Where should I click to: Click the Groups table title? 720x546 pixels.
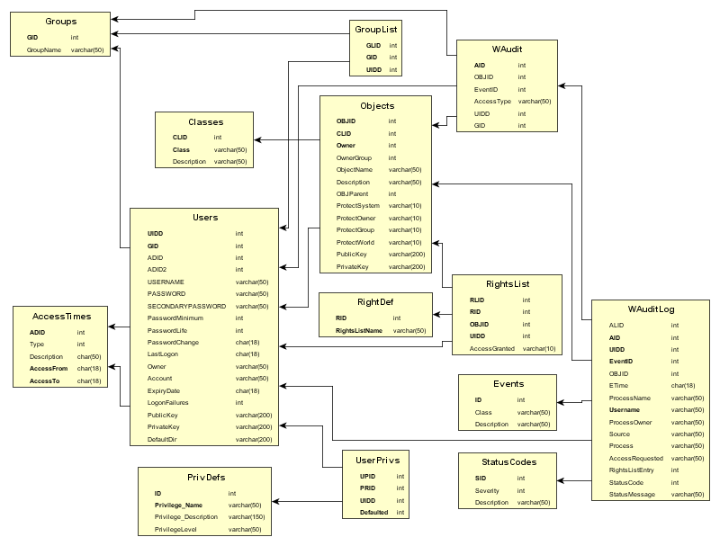click(60, 21)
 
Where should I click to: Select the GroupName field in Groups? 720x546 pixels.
click(44, 50)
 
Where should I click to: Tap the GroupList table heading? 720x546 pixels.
click(376, 28)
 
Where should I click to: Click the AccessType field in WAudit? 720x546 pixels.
click(492, 102)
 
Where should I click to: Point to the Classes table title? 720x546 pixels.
click(206, 121)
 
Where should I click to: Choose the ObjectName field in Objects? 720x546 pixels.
click(355, 169)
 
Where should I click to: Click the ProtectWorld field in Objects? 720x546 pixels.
click(355, 242)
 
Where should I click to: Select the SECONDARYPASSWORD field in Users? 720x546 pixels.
click(187, 306)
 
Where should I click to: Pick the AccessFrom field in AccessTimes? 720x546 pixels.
click(49, 368)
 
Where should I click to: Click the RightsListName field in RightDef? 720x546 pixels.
click(359, 331)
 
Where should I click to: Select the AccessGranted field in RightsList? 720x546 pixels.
click(492, 348)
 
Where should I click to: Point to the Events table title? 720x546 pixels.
click(507, 383)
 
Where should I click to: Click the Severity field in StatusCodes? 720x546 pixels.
click(487, 490)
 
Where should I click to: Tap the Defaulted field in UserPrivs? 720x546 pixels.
click(374, 512)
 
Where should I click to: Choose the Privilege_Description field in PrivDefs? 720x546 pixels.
click(186, 517)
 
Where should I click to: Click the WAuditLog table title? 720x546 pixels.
click(651, 309)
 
